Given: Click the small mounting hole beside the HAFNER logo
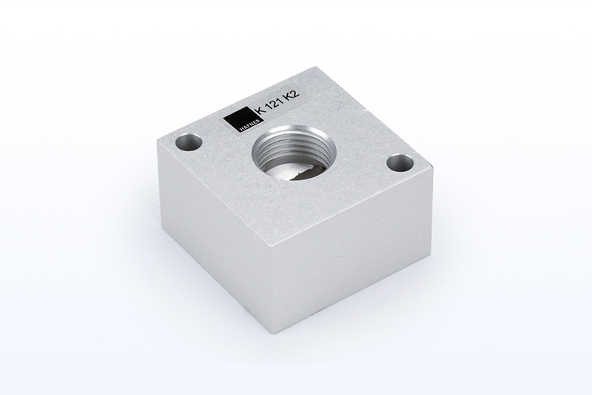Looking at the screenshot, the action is click(189, 143).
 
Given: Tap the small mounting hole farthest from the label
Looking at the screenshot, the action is click(400, 163).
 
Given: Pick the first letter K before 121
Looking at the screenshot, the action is click(260, 110).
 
